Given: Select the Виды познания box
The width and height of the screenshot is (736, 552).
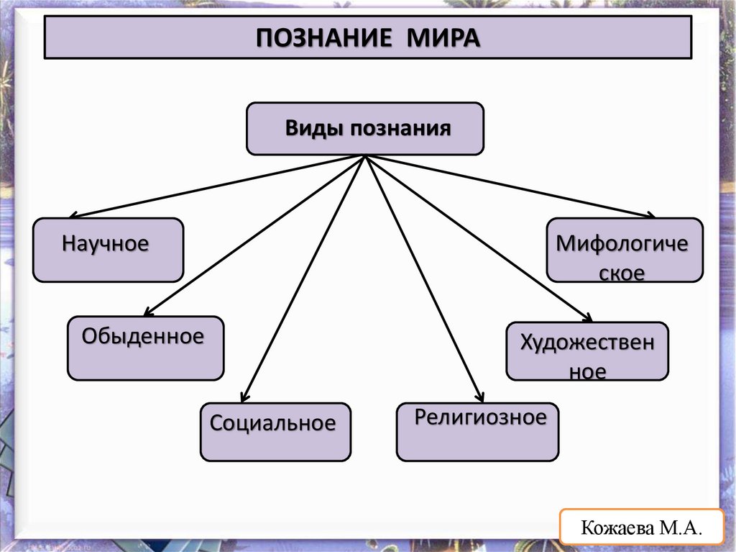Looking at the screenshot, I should [x=365, y=129].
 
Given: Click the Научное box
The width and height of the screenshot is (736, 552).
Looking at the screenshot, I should [x=108, y=250].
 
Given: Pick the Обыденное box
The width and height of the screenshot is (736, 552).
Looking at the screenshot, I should [x=145, y=348].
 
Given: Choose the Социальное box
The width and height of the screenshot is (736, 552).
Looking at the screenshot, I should [x=275, y=431].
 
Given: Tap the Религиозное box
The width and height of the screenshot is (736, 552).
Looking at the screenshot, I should [x=477, y=431].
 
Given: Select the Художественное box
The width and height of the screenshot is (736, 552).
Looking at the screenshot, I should [x=587, y=351].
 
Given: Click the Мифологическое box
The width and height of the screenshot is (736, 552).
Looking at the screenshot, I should [x=625, y=250].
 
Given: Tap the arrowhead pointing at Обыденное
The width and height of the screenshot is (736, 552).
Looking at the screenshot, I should [x=147, y=313].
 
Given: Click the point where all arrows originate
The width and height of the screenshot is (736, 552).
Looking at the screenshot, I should [x=367, y=156].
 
